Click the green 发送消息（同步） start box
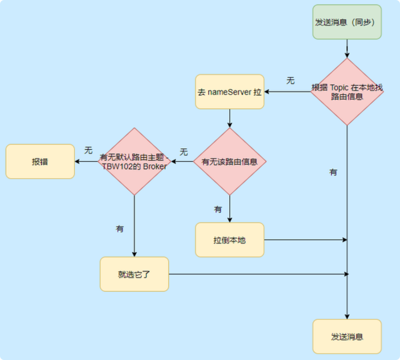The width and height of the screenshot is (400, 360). pyautogui.click(x=347, y=22)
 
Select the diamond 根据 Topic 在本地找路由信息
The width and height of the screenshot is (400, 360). pyautogui.click(x=347, y=92)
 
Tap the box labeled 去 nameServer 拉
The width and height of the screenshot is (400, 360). pyautogui.click(x=230, y=92)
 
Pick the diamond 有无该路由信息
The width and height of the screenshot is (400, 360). pyautogui.click(x=230, y=161)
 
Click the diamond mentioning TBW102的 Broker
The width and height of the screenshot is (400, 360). pyautogui.click(x=134, y=161)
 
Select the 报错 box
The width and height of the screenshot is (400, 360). pyautogui.click(x=40, y=161)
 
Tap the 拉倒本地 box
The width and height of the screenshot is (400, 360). pyautogui.click(x=230, y=240)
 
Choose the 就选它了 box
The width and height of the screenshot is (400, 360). pyautogui.click(x=134, y=274)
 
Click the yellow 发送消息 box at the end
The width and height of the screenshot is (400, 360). pyautogui.click(x=347, y=336)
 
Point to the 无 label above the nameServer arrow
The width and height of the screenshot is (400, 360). pyautogui.click(x=290, y=81)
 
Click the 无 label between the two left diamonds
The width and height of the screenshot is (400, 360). pyautogui.click(x=184, y=152)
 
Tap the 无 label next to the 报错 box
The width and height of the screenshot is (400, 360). pyautogui.click(x=89, y=150)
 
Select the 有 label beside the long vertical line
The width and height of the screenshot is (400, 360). pyautogui.click(x=333, y=172)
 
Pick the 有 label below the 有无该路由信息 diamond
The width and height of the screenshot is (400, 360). pyautogui.click(x=218, y=209)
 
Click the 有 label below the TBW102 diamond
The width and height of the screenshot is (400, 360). pyautogui.click(x=120, y=229)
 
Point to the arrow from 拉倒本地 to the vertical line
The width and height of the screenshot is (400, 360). pyautogui.click(x=306, y=240)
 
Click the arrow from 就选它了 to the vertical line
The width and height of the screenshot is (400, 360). pyautogui.click(x=259, y=274)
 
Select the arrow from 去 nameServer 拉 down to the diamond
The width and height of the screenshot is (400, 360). pyautogui.click(x=230, y=118)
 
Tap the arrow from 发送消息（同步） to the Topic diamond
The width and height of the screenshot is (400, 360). pyautogui.click(x=347, y=48)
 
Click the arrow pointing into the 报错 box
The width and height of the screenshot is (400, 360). pyautogui.click(x=86, y=161)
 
